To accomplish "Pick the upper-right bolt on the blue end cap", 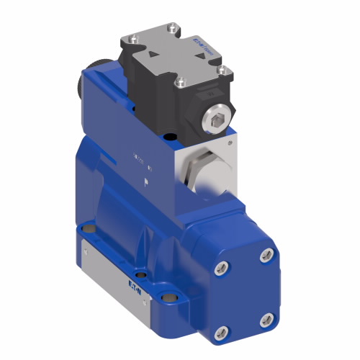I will tap(268, 253).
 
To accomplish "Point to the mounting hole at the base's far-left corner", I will tap(89, 228).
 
